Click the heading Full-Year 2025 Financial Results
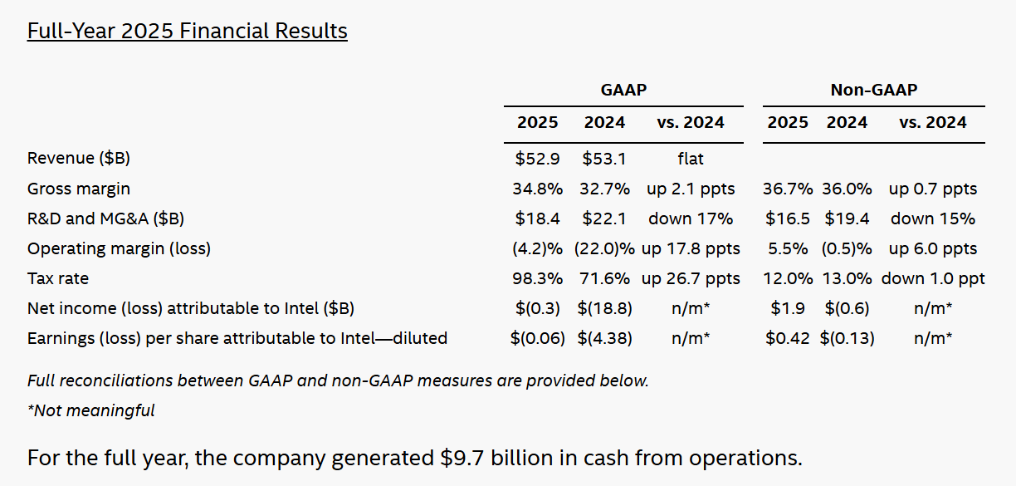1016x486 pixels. [x=187, y=32]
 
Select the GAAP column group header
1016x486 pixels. [x=623, y=90]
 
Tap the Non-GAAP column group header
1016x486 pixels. [x=874, y=90]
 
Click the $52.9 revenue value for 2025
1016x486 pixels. [x=537, y=158]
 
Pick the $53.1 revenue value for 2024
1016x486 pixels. [x=604, y=158]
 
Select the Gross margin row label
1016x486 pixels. [x=79, y=189]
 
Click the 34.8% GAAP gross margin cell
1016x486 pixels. [x=537, y=189]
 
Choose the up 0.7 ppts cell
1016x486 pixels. [x=933, y=189]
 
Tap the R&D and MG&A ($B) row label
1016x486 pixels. [x=105, y=219]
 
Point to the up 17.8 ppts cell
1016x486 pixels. [x=691, y=248]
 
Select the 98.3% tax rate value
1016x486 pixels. [x=537, y=278]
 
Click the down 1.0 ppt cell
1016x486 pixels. [x=933, y=278]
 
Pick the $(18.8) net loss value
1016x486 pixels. [x=604, y=308]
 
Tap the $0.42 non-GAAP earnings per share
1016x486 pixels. [x=788, y=338]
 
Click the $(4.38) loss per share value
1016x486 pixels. [x=604, y=338]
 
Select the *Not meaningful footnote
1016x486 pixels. [x=91, y=410]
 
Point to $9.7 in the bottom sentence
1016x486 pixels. [x=464, y=458]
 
